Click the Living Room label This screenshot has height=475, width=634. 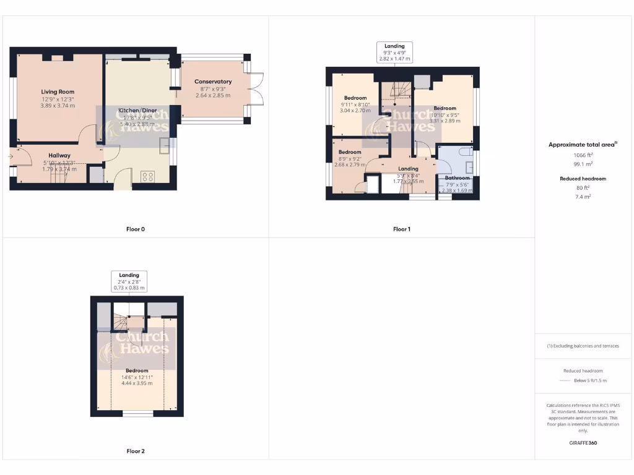click(x=58, y=92)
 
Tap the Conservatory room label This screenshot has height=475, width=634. click(x=213, y=82)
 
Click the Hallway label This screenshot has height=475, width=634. click(x=59, y=155)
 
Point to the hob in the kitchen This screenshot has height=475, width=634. click(x=149, y=176)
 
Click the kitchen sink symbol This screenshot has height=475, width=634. click(x=166, y=146)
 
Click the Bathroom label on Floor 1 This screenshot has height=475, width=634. click(x=458, y=178)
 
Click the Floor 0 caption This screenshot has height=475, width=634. click(x=136, y=229)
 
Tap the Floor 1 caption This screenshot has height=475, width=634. click(x=401, y=229)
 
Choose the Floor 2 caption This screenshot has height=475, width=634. click(x=136, y=451)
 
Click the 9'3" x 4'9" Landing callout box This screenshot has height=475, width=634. click(x=394, y=53)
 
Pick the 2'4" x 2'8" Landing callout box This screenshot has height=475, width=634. click(x=129, y=281)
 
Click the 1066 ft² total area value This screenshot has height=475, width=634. click(x=583, y=155)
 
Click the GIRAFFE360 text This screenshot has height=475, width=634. click(x=583, y=443)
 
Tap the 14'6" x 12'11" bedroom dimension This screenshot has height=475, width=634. click(x=137, y=377)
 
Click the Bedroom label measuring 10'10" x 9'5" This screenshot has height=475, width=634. click(x=445, y=108)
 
